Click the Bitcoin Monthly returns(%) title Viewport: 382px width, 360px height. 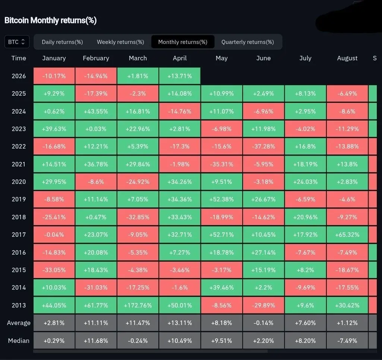pos(50,20)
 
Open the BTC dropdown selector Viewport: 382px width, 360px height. pos(17,42)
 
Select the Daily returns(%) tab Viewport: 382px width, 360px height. pos(62,42)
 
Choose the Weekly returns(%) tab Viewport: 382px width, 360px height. pos(120,42)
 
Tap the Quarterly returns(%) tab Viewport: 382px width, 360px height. pos(247,42)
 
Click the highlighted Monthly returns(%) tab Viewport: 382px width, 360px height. pos(183,42)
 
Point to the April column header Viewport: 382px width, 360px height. pos(180,58)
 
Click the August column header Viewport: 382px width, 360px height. pos(347,58)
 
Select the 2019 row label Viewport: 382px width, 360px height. pos(19,199)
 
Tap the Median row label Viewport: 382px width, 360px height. pos(19,340)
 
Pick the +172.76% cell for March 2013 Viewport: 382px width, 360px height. pos(138,305)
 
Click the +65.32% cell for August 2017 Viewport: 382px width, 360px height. pos(347,235)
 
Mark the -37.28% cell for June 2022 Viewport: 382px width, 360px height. pos(263,146)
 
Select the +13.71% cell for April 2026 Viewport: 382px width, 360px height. pos(180,76)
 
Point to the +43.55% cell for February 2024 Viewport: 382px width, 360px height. pos(96,111)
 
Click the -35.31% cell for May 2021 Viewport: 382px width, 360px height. pos(222,164)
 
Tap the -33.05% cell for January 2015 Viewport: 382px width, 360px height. pos(54,270)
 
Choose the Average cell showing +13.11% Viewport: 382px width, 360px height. pos(180,323)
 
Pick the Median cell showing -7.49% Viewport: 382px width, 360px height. pos(347,340)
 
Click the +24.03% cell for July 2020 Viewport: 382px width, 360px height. pos(305,182)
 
